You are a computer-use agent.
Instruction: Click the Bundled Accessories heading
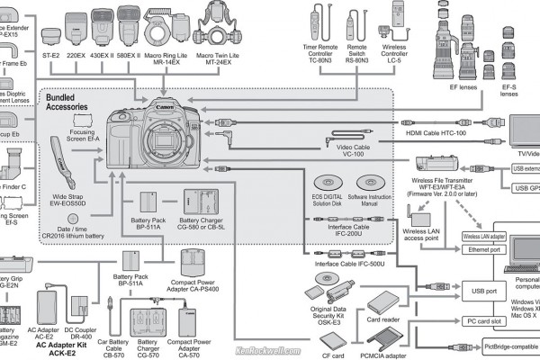click(x=69, y=100)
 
